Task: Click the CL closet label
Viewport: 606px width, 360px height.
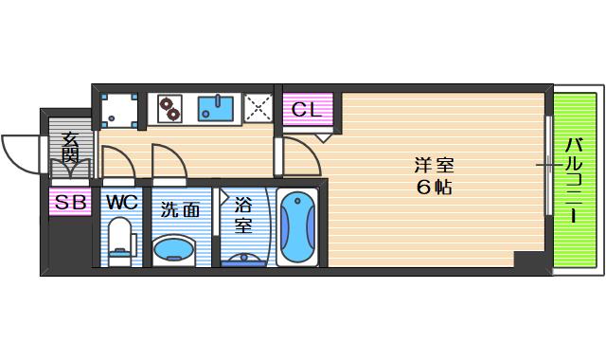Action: (307, 108)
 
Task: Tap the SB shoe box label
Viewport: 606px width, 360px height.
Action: (70, 202)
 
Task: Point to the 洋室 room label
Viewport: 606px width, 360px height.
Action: (433, 162)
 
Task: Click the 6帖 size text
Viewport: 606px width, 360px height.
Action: (433, 187)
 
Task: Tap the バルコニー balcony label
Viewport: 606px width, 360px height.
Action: (574, 181)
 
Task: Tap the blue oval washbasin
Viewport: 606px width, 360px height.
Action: (173, 250)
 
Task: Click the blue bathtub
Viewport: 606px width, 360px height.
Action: (296, 227)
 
